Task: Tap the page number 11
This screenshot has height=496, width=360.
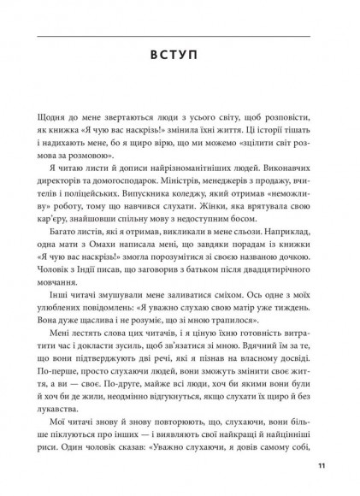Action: [321, 466]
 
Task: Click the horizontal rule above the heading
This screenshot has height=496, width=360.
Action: [179, 36]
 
